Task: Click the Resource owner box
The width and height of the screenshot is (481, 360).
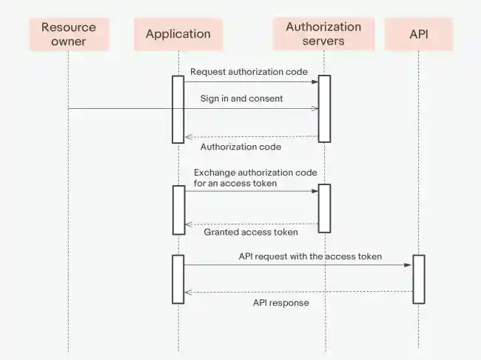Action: (x=68, y=34)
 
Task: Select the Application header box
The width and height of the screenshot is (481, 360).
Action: (x=178, y=34)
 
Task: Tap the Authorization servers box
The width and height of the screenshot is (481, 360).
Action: (x=323, y=34)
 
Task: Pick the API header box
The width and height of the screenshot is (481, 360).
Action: (x=418, y=34)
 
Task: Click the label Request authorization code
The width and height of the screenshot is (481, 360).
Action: (x=238, y=72)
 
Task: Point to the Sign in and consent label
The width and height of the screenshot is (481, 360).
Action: (x=241, y=98)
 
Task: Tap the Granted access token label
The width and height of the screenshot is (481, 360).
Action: (x=251, y=232)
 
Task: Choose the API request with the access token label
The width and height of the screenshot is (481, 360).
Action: (x=310, y=256)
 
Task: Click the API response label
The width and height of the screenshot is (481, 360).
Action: (x=280, y=303)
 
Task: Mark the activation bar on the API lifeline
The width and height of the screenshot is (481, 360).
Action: (x=419, y=279)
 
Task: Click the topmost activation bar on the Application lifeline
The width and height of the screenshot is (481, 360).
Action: (x=178, y=109)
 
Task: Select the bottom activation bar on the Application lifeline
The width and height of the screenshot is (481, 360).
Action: (x=178, y=279)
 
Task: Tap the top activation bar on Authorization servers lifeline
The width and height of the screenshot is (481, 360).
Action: (x=324, y=108)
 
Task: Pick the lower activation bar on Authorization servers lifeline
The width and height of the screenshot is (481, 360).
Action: (x=324, y=208)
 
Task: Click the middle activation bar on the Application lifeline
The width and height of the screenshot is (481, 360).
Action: (x=178, y=208)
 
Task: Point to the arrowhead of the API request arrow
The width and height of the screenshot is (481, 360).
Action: (x=409, y=265)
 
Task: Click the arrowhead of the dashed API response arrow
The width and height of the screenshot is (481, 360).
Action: (x=188, y=292)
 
